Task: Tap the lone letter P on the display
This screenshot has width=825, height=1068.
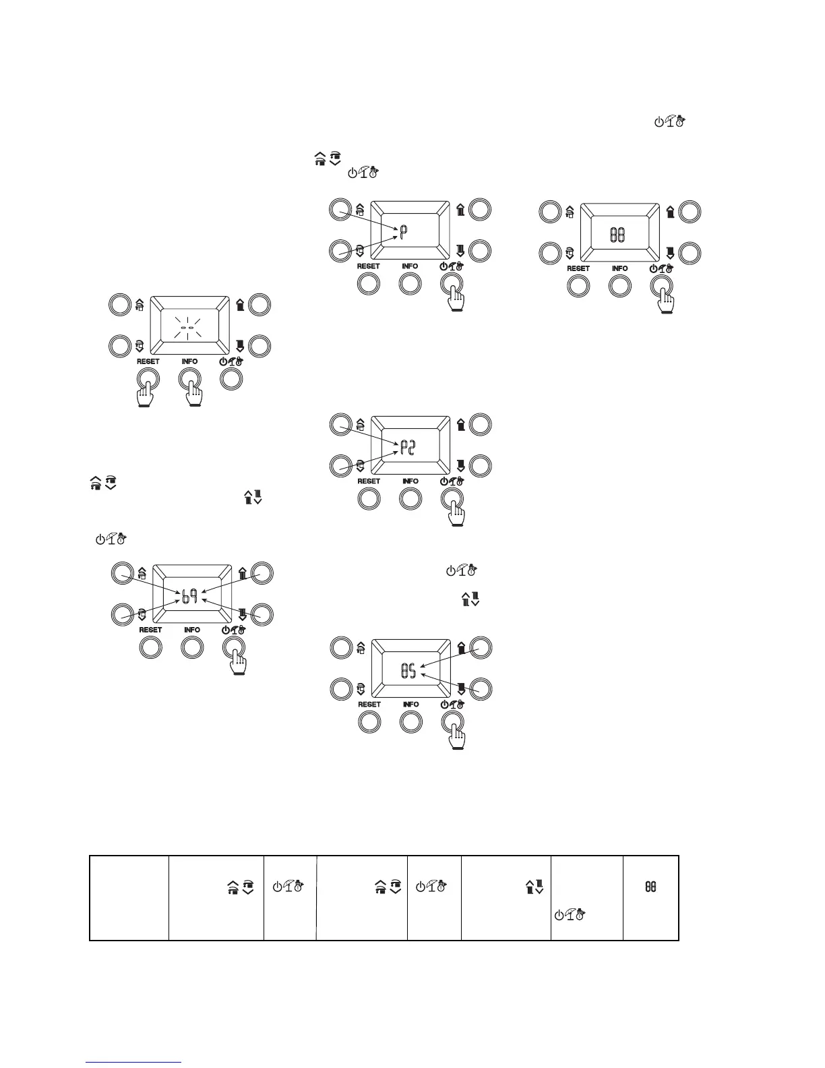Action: pos(403,234)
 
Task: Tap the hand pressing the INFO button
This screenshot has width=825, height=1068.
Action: pos(193,394)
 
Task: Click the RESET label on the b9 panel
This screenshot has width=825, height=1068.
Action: pos(150,630)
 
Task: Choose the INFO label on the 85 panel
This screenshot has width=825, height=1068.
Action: pos(410,704)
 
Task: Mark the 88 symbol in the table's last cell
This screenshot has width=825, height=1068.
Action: pos(651,889)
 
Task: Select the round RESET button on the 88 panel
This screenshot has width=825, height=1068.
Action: pos(578,286)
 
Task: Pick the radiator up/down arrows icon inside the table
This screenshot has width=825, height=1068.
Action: pos(534,889)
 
